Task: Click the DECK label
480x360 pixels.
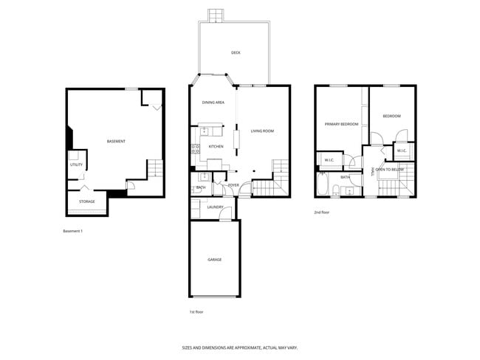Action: click(236, 53)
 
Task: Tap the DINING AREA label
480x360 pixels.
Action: click(213, 103)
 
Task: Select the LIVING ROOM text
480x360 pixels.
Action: click(262, 131)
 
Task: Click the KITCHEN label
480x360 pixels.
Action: click(216, 147)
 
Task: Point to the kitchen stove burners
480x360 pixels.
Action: click(195, 151)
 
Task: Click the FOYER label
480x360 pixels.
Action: click(233, 185)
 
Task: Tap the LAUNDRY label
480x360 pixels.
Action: click(216, 207)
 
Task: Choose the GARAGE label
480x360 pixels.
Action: click(214, 260)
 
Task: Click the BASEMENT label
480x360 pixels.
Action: click(116, 142)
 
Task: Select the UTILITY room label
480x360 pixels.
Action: click(77, 165)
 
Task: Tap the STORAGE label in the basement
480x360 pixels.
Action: click(87, 201)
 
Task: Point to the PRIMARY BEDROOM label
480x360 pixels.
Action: click(341, 124)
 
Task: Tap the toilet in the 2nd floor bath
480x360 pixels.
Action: click(336, 192)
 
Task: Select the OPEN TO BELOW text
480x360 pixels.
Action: click(389, 170)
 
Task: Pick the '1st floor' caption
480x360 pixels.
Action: click(196, 312)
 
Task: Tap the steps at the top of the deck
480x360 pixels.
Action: click(216, 15)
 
